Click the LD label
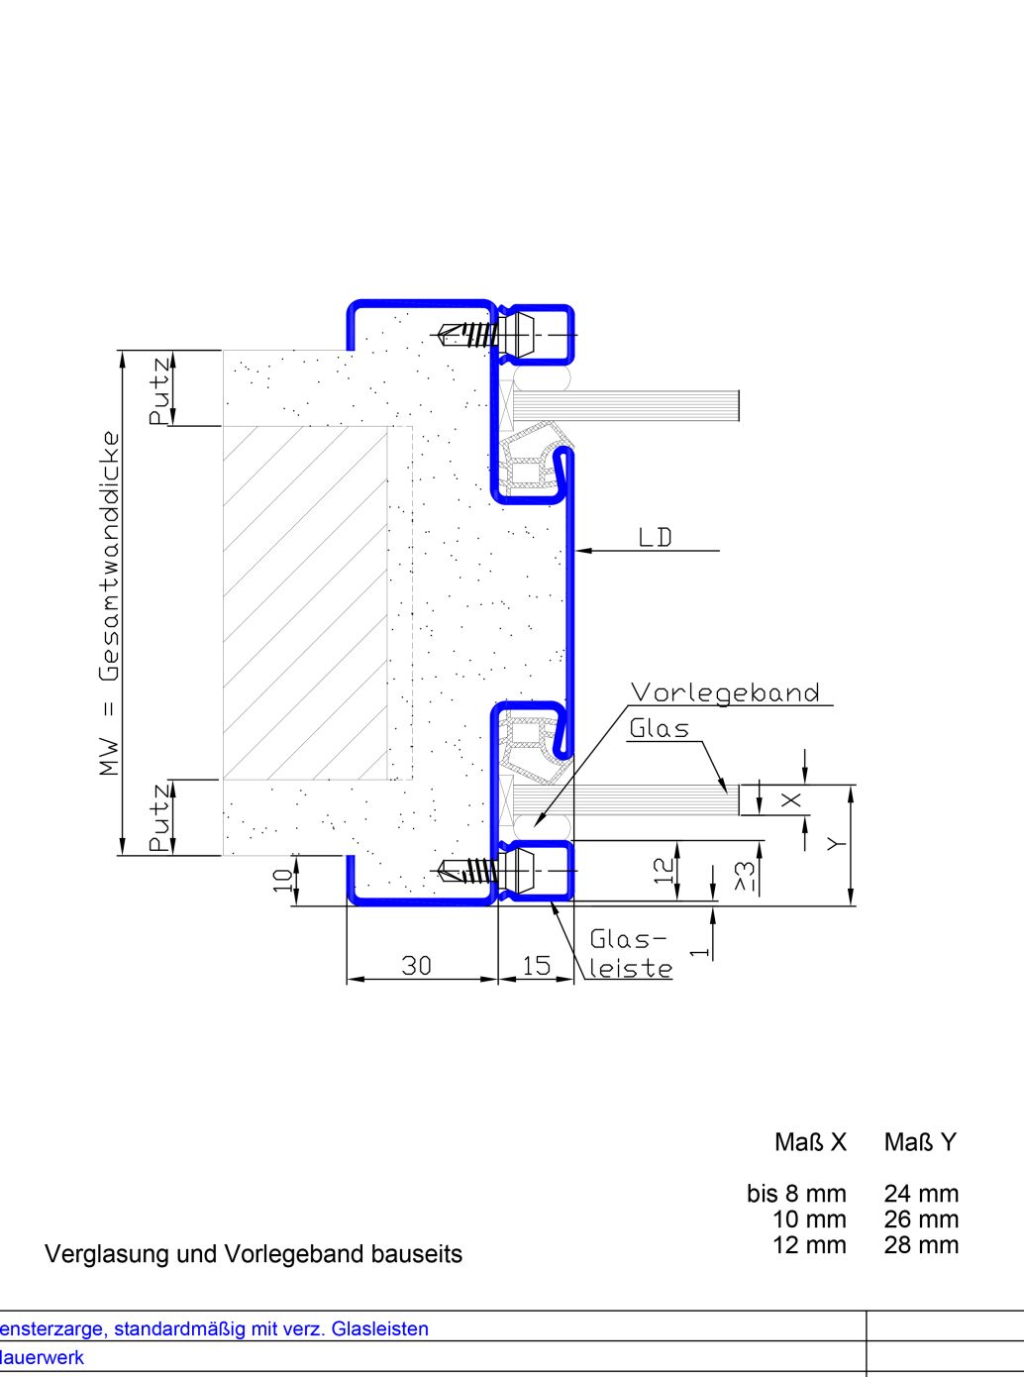pos(656,538)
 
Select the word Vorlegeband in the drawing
pos(726,692)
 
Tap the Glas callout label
pos(660,729)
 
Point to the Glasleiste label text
pos(630,954)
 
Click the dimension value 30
pos(417,965)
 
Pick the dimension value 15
pos(536,965)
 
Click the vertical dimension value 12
pos(665,870)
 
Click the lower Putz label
pos(159,819)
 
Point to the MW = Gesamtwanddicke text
pos(110,602)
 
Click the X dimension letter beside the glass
pos(792,799)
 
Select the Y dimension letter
pos(838,844)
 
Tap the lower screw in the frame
pos(466,871)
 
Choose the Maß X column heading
pos(811,1143)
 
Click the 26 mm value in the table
pos(921,1219)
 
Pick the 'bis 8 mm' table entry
pos(796,1194)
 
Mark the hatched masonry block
pos(304,602)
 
